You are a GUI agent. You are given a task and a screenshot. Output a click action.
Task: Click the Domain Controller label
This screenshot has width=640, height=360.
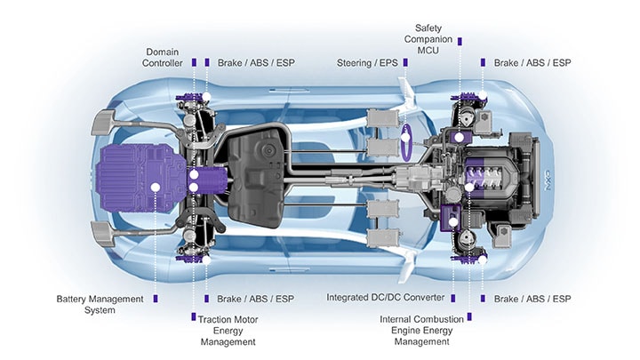(164, 57)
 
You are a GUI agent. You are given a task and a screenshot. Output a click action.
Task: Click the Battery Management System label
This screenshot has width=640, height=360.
(100, 305)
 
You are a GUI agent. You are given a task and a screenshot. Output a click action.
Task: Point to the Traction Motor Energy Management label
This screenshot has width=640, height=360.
(227, 330)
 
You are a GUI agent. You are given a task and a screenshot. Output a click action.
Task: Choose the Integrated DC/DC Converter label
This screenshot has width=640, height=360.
(388, 298)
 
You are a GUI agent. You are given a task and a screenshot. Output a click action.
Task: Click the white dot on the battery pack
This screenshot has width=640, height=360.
(155, 187)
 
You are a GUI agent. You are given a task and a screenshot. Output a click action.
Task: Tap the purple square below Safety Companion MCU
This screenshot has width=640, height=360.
(460, 63)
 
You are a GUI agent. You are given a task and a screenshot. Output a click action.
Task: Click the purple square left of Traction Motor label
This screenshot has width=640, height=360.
(193, 316)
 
